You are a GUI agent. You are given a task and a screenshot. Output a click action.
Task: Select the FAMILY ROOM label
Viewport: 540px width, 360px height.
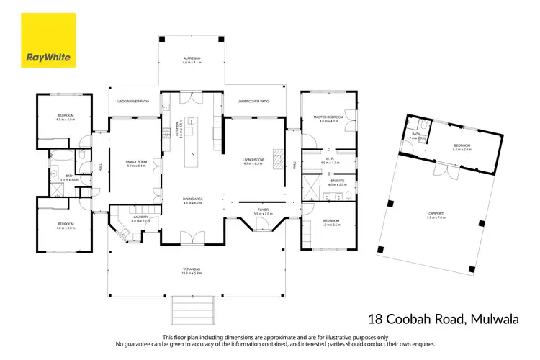pyautogui.click(x=135, y=163)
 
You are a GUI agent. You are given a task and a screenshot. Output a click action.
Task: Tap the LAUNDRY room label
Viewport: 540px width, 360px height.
pyautogui.click(x=140, y=218)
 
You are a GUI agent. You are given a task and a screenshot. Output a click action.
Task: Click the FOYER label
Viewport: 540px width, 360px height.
pyautogui.click(x=264, y=212)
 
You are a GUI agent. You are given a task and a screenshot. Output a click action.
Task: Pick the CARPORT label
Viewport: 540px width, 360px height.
pyautogui.click(x=436, y=215)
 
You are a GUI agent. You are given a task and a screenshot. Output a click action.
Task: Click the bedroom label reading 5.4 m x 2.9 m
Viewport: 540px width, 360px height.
pyautogui.click(x=462, y=148)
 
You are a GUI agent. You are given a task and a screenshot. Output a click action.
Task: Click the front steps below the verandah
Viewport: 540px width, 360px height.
pyautogui.click(x=192, y=310)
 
